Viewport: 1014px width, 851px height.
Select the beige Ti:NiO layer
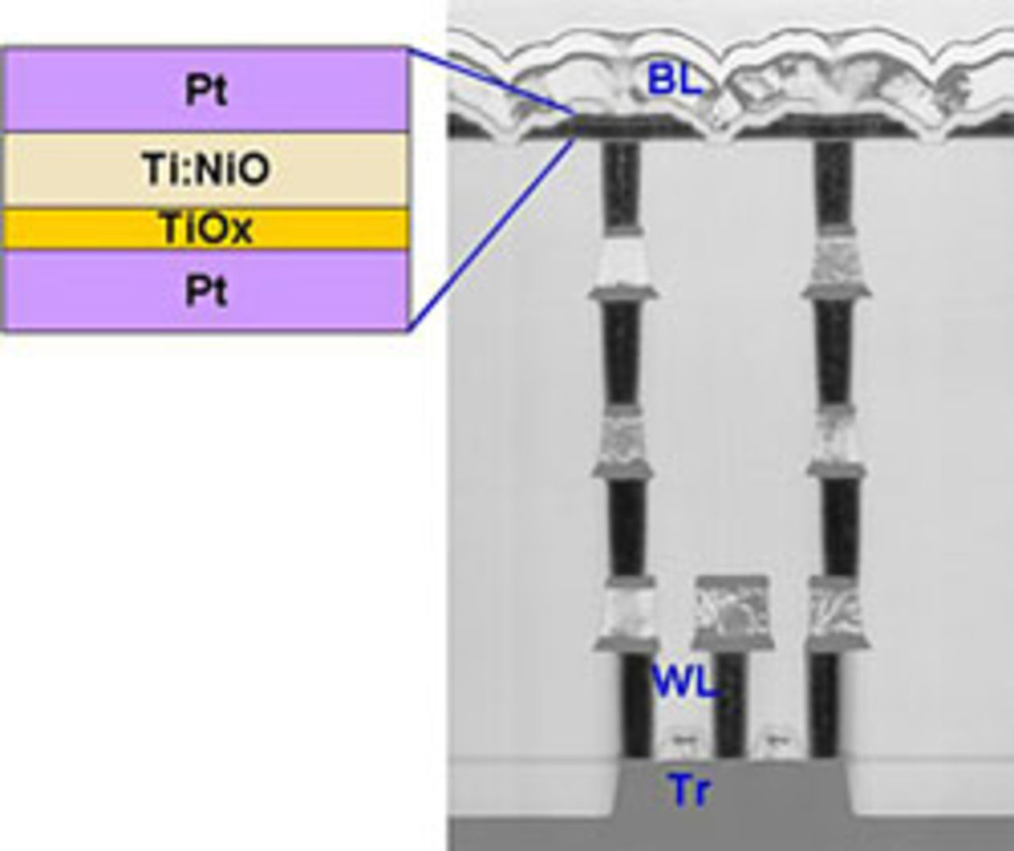[79, 170]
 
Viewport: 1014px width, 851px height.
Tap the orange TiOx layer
[79, 230]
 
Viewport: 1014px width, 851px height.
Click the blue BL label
[674, 79]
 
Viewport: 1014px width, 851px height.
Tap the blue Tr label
[688, 790]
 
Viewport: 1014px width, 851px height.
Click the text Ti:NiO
[206, 169]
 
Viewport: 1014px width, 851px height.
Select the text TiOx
[206, 230]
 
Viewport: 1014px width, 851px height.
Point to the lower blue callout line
[491, 234]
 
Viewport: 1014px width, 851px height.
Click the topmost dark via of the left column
[620, 184]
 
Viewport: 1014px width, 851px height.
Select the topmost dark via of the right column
[833, 184]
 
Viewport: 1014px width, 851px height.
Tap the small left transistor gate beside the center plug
[681, 740]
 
